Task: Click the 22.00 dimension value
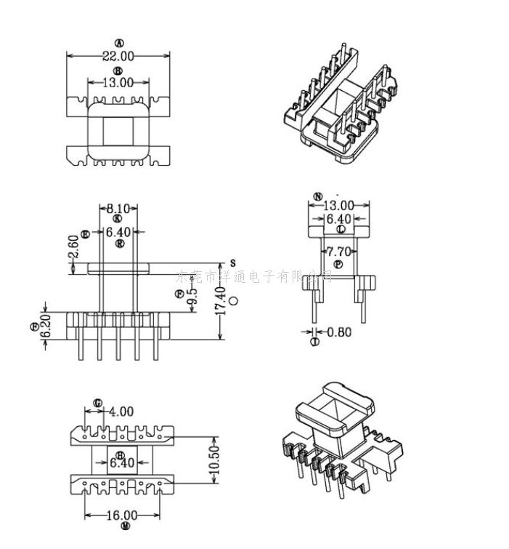(x=118, y=56)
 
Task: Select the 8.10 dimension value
(x=118, y=209)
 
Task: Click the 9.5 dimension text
(x=192, y=298)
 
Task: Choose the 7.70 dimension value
(x=338, y=252)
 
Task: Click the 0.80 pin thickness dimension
(x=339, y=332)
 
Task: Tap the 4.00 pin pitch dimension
(x=122, y=412)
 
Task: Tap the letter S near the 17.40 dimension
(x=233, y=262)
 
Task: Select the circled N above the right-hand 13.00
(x=317, y=196)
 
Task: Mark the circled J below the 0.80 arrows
(x=314, y=341)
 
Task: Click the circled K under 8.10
(x=118, y=219)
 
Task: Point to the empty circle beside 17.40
(x=233, y=300)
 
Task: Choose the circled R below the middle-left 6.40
(x=119, y=244)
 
